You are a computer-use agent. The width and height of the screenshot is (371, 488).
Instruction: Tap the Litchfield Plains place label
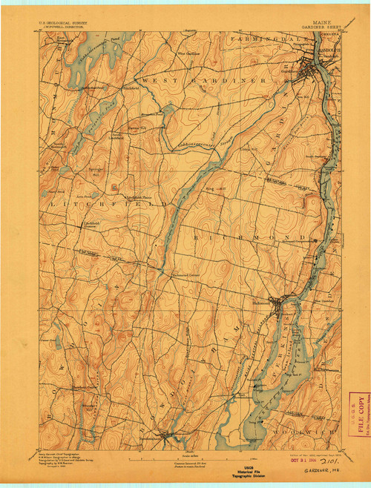coord(140,197)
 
